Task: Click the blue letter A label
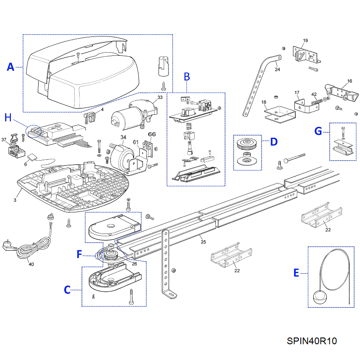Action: pyautogui.click(x=11, y=67)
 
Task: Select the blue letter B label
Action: pyautogui.click(x=187, y=77)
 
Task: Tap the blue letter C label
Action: pyautogui.click(x=67, y=290)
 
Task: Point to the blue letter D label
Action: pyautogui.click(x=273, y=142)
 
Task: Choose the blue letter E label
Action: pyautogui.click(x=296, y=273)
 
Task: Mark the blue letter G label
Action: pyautogui.click(x=318, y=131)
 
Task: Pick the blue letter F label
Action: pyautogui.click(x=79, y=254)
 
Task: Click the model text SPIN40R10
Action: pyautogui.click(x=311, y=341)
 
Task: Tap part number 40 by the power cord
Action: pyautogui.click(x=31, y=264)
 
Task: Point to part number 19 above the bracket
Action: pyautogui.click(x=305, y=41)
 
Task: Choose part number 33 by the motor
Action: pyautogui.click(x=160, y=97)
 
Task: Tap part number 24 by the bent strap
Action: pyautogui.click(x=277, y=70)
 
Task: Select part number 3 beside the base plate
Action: pyautogui.click(x=15, y=200)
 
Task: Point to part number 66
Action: pyautogui.click(x=152, y=134)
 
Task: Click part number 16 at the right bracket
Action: pyautogui.click(x=349, y=82)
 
